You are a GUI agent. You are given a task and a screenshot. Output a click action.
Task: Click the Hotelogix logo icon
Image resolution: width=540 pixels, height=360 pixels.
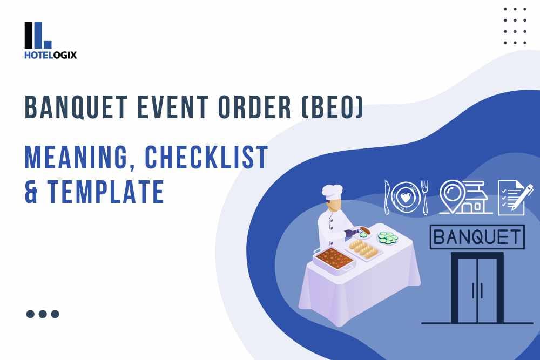[x=38, y=35]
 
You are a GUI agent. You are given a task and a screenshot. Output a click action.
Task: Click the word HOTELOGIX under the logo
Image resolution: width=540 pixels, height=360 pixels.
[x=51, y=55]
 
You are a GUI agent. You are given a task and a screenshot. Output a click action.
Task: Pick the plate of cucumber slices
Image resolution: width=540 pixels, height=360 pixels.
[x=387, y=237]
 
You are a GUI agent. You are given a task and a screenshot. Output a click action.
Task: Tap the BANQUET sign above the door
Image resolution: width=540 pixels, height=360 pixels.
[x=477, y=237]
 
